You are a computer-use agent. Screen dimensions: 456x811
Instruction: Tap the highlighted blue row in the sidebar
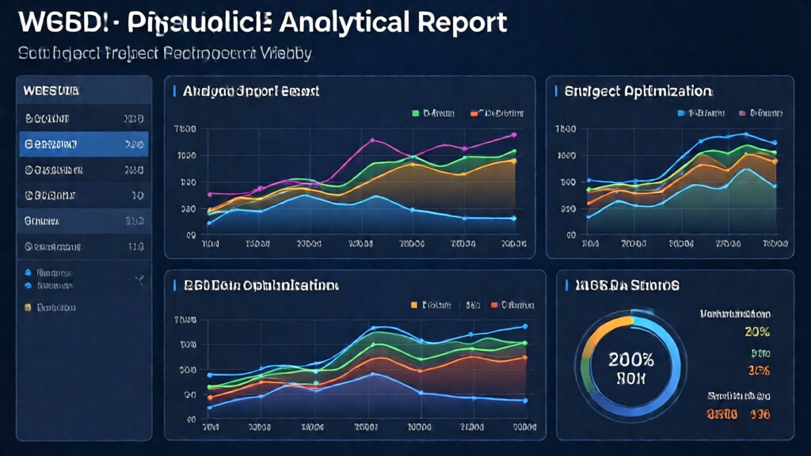[84, 145]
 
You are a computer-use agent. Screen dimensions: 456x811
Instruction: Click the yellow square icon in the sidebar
[28, 306]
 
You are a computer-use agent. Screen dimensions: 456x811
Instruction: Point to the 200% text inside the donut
[631, 358]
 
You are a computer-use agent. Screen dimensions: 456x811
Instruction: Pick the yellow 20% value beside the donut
[758, 332]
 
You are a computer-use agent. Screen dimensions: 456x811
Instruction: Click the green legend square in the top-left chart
[415, 113]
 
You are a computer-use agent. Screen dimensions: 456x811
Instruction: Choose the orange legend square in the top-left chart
[474, 113]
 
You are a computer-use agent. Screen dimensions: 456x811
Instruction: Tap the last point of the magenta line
[514, 135]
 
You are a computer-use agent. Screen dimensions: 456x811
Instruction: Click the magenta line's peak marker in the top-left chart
[372, 141]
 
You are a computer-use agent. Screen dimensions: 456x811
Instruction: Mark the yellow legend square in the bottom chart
[413, 304]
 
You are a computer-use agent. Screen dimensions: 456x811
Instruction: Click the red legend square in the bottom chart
[495, 304]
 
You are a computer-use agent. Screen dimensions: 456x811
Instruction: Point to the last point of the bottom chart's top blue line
[524, 326]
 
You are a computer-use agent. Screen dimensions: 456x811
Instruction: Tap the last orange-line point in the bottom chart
[524, 358]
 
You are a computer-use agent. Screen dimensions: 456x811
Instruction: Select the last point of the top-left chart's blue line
[514, 218]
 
